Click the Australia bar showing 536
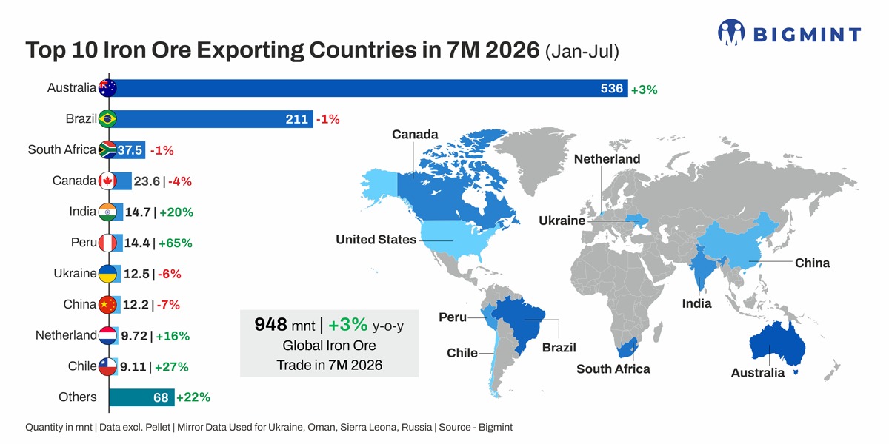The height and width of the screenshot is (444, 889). click(x=368, y=88)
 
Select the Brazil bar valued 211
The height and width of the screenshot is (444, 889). click(x=211, y=119)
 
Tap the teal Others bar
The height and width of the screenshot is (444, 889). click(x=141, y=397)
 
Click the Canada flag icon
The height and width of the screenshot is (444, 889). click(x=107, y=181)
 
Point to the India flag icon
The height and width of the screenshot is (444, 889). click(x=107, y=212)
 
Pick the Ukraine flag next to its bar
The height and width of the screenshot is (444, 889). click(x=107, y=274)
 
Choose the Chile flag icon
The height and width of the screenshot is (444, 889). click(x=107, y=366)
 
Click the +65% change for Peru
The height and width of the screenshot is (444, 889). click(x=176, y=243)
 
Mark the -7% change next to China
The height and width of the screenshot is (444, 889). click(x=168, y=305)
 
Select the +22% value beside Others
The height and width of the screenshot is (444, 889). click(x=193, y=397)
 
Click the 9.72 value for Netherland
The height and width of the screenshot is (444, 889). click(x=134, y=336)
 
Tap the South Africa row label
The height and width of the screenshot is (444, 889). click(x=62, y=149)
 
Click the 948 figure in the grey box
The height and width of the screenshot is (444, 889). click(x=270, y=324)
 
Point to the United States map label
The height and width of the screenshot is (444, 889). click(x=376, y=240)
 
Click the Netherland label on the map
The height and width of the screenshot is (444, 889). click(x=607, y=159)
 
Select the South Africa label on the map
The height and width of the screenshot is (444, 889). click(x=613, y=369)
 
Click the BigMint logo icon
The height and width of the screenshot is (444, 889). click(x=731, y=32)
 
